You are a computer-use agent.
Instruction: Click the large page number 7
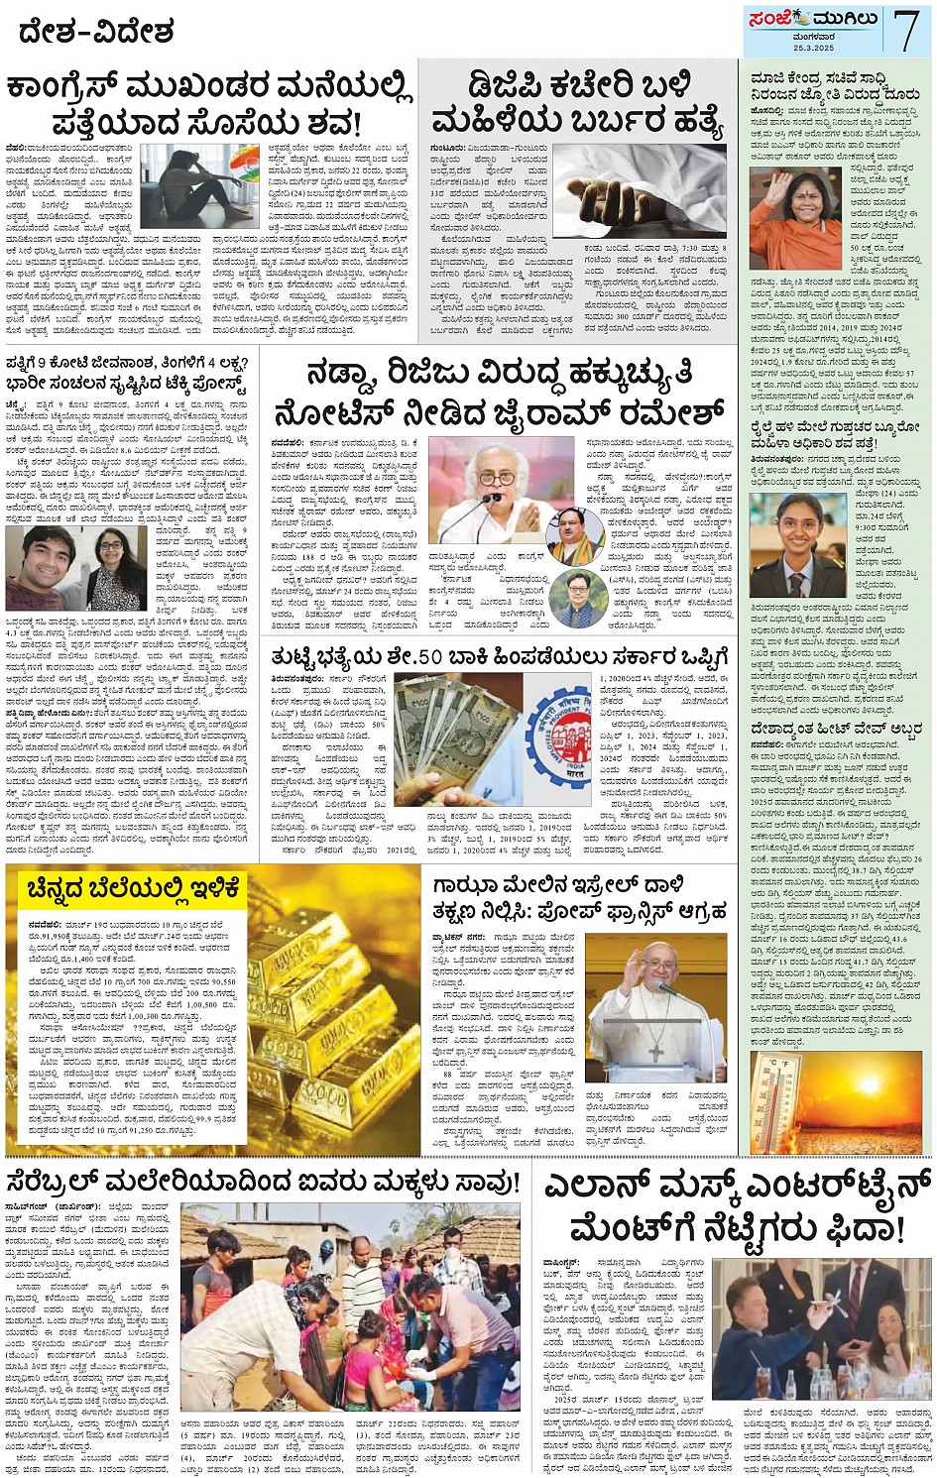tap(905, 30)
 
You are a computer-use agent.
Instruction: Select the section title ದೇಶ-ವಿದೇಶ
tap(95, 32)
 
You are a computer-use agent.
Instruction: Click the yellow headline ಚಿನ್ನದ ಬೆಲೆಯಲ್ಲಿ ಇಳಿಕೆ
tap(135, 889)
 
